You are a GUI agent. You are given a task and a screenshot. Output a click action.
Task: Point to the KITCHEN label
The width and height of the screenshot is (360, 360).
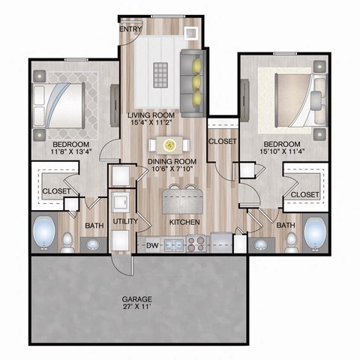click(x=183, y=223)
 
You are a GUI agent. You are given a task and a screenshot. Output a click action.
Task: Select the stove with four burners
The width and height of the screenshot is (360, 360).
click(x=196, y=244)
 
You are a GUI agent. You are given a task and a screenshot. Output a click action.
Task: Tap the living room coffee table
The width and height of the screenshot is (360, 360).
click(x=161, y=75)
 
